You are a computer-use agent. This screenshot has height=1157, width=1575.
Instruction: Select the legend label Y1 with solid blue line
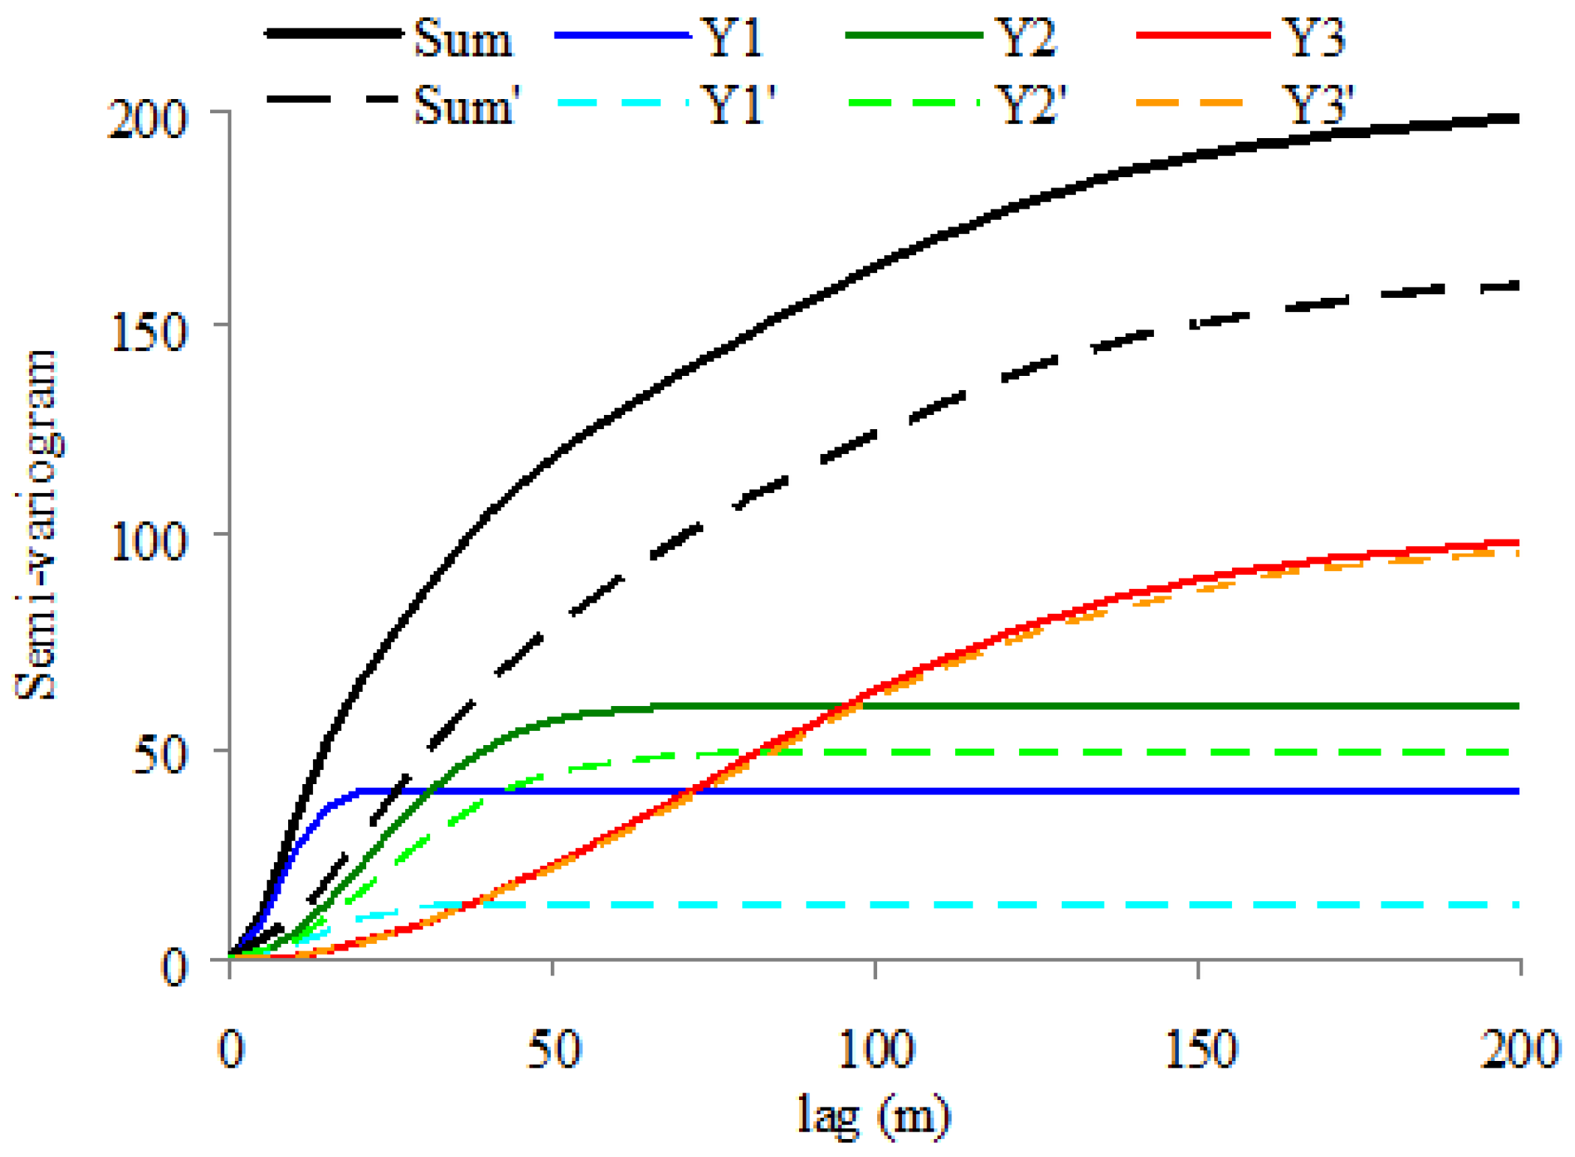click(x=735, y=38)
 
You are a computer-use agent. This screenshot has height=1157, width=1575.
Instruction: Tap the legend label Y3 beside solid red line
click(x=1314, y=38)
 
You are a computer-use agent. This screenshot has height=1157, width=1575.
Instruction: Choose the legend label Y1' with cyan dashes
click(x=740, y=104)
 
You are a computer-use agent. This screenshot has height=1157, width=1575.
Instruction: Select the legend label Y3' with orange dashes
click(x=1318, y=104)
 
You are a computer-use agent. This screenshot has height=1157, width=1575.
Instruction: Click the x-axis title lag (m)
click(x=873, y=1116)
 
